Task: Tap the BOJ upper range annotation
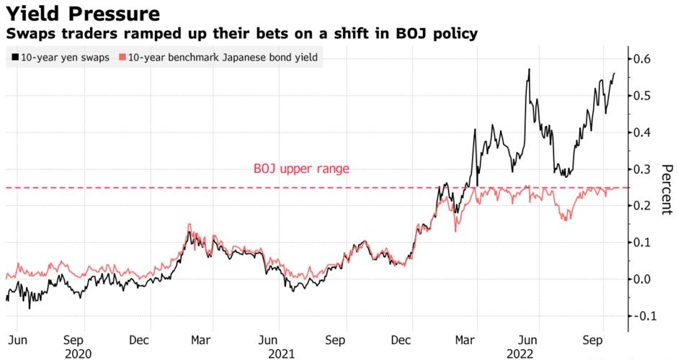coord(301,169)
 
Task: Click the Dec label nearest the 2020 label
coord(142,338)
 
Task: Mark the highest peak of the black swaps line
coord(529,69)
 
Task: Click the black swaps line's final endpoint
coord(615,73)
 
